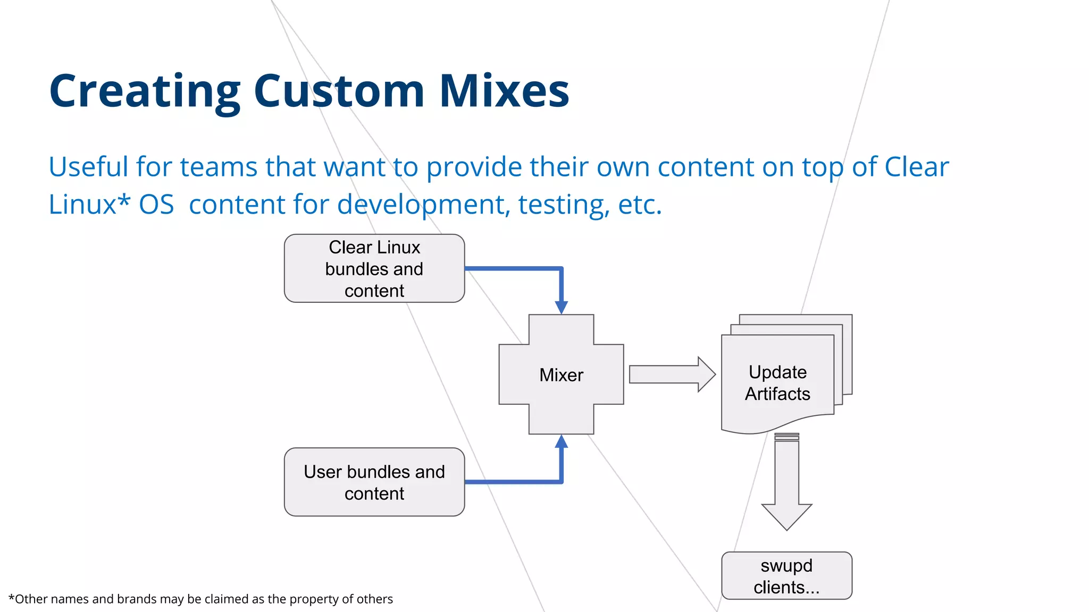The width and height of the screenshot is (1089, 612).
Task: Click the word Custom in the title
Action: [339, 91]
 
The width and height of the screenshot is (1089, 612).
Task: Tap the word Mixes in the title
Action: [504, 91]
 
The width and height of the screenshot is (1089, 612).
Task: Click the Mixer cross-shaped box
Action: [561, 375]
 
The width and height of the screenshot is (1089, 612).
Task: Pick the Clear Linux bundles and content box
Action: [374, 269]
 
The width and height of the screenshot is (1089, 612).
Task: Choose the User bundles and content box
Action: [374, 482]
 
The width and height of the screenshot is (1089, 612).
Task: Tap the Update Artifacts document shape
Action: [777, 383]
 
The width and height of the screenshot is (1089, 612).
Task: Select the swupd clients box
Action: [786, 576]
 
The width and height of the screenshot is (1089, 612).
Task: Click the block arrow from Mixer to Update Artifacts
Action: [672, 375]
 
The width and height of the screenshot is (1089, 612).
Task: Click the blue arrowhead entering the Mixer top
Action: [561, 308]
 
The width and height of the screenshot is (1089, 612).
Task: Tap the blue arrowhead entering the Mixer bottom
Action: [561, 442]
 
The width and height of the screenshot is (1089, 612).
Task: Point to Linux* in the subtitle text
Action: [89, 205]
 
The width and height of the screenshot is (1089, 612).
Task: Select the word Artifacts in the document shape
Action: [777, 394]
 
